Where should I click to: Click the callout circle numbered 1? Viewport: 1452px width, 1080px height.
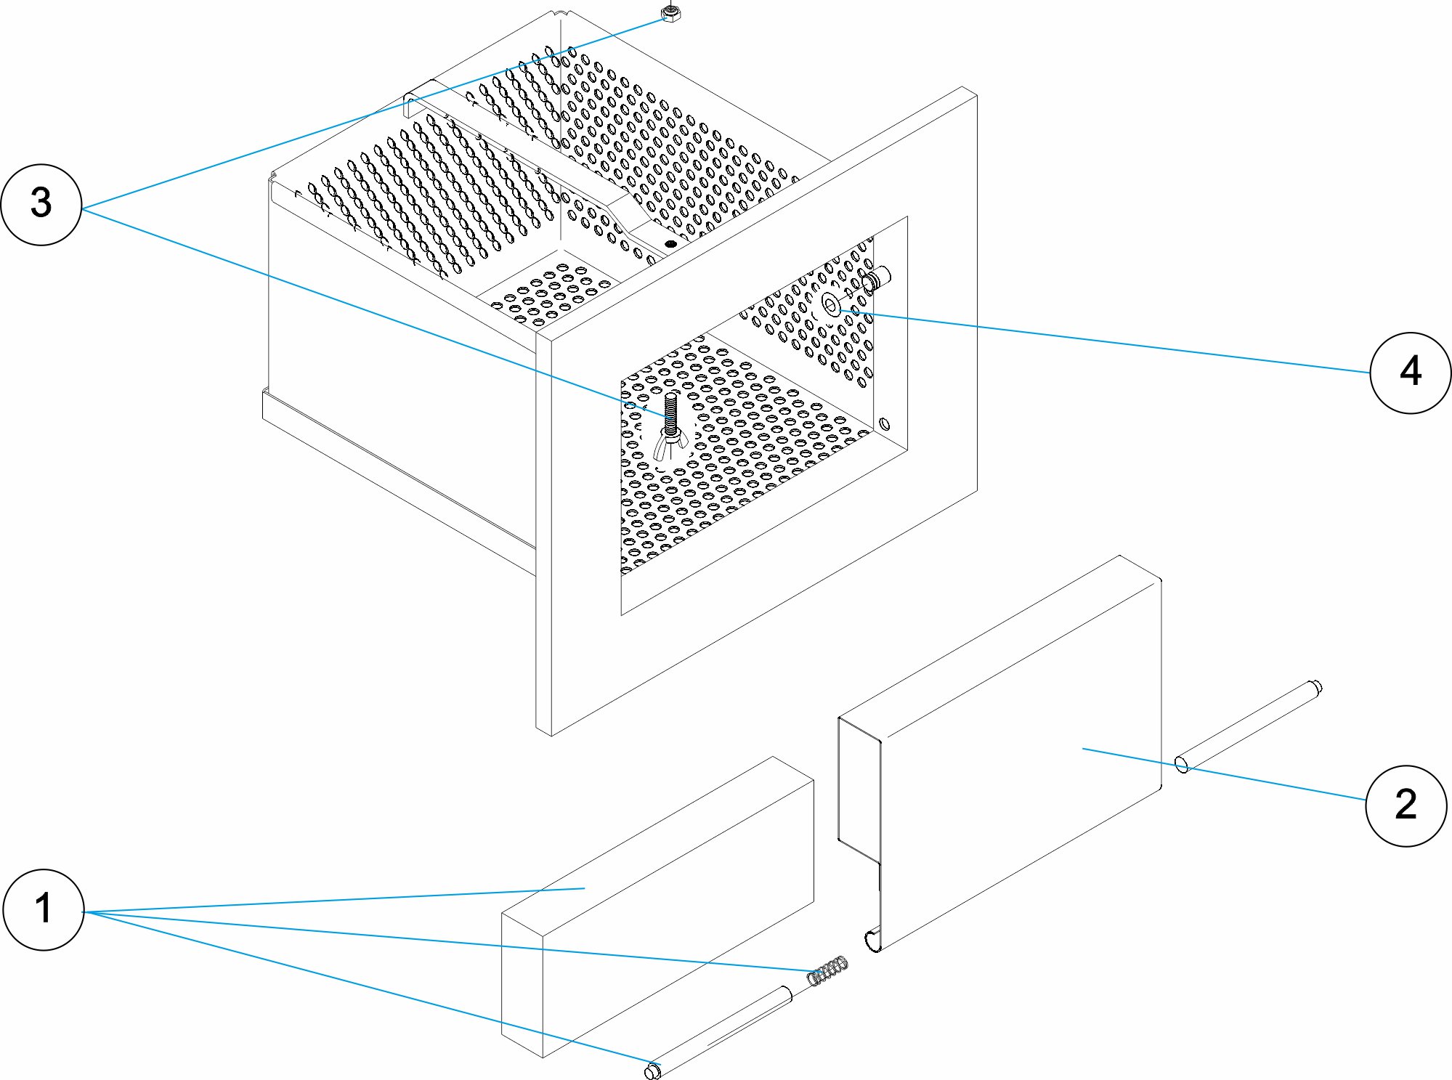click(x=44, y=909)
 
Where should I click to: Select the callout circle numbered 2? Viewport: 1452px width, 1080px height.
click(x=1406, y=805)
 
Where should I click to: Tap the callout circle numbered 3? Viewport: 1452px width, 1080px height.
click(x=41, y=204)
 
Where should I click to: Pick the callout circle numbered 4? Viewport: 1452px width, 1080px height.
click(x=1410, y=373)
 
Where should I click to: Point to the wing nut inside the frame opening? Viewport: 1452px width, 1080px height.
click(x=670, y=443)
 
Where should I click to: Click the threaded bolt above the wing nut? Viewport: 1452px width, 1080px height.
click(x=670, y=413)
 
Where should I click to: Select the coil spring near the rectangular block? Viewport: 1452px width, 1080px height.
click(x=829, y=971)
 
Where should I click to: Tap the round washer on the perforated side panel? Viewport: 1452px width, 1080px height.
click(x=830, y=306)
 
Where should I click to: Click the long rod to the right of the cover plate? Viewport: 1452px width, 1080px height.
click(x=1249, y=726)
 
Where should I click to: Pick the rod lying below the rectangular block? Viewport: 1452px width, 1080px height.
click(x=719, y=1030)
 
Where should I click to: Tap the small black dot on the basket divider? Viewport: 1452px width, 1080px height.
click(x=670, y=244)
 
